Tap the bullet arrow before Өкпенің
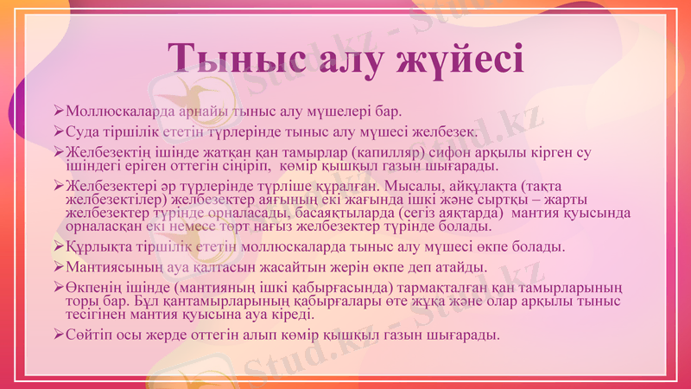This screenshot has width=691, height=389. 59,286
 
